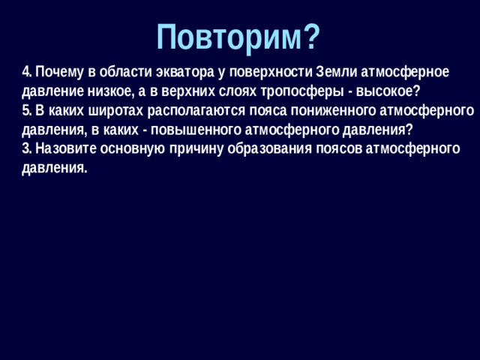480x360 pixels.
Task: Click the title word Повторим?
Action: click(x=238, y=35)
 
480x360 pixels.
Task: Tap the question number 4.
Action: click(x=26, y=72)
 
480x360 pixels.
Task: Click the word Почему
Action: click(x=58, y=72)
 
